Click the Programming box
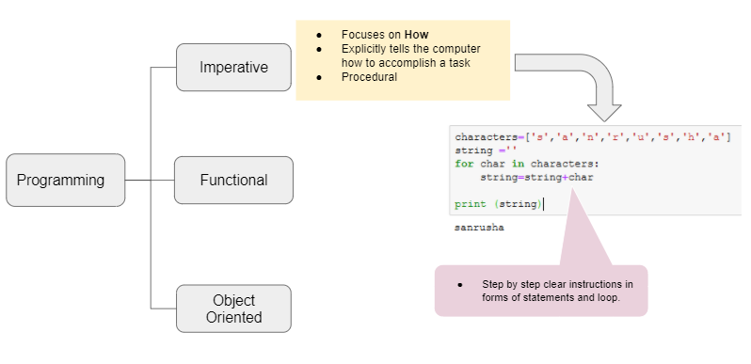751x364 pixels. click(65, 180)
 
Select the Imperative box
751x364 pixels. click(233, 68)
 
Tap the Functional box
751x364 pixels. click(233, 180)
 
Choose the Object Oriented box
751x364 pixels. click(233, 309)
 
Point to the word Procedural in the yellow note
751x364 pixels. click(369, 77)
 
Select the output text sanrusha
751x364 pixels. click(479, 228)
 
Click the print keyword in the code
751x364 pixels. click(470, 204)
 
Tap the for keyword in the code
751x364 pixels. click(463, 164)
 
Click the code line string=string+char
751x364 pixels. click(536, 177)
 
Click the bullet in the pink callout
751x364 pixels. click(459, 284)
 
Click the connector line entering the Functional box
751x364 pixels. click(163, 180)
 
